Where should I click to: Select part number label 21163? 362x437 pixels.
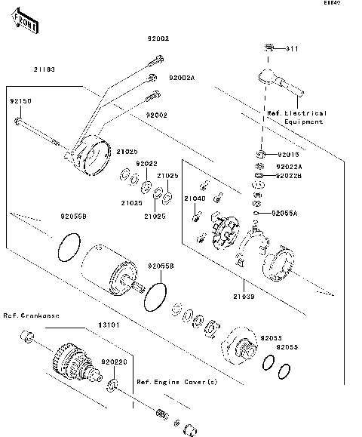pos(44,69)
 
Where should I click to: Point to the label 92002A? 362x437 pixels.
pos(182,77)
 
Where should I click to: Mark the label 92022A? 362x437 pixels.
pos(289,166)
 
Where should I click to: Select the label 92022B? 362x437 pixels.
pos(289,177)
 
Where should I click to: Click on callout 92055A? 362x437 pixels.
pos(284,214)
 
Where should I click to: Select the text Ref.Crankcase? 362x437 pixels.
pos(32,315)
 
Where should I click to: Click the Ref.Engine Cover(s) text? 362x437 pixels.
pos(176,383)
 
